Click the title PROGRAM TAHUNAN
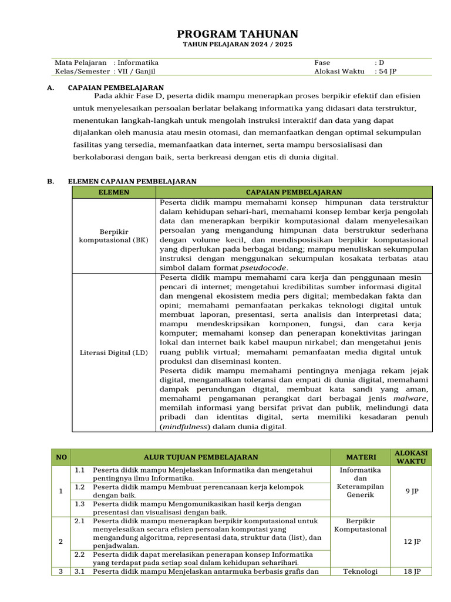click(237, 34)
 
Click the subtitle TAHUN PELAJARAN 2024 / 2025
click(237, 45)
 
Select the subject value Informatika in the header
click(138, 62)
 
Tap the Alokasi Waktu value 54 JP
click(388, 71)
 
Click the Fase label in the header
click(322, 62)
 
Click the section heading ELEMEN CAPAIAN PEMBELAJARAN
click(132, 182)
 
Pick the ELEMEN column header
click(114, 192)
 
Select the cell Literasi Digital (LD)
click(114, 353)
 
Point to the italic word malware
click(409, 398)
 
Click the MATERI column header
click(361, 457)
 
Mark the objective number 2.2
click(80, 554)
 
